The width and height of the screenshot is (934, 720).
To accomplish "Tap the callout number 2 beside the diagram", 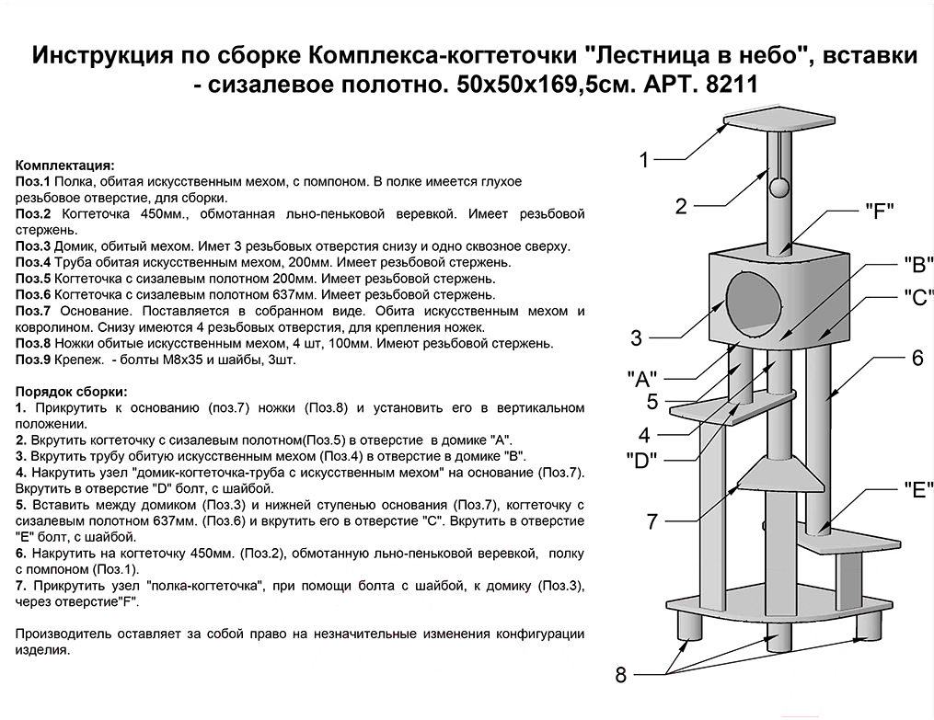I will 681,206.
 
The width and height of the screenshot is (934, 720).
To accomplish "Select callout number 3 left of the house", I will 636,338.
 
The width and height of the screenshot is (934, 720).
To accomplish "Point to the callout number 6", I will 917,359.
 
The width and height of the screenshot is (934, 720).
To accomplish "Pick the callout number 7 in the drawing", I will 651,522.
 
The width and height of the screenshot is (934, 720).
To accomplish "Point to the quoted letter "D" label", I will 640,460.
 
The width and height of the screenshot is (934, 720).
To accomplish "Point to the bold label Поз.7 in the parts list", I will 33,312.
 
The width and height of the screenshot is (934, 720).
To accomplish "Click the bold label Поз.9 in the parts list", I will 33,360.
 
